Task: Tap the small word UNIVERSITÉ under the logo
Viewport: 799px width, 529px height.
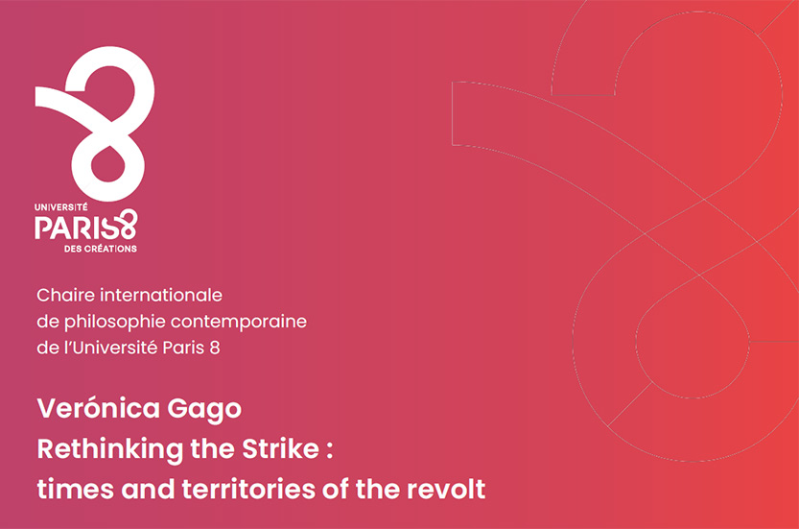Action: coord(61,207)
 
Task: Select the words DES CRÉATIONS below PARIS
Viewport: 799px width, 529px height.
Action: coord(101,249)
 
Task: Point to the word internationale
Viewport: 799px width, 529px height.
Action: coord(161,295)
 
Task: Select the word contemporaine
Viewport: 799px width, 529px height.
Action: coord(239,322)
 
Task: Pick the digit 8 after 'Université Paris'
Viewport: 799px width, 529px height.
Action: coord(215,348)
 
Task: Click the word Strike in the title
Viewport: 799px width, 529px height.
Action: coord(280,449)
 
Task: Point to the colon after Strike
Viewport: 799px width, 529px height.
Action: coord(330,451)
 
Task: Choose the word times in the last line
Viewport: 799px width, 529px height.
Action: coord(76,490)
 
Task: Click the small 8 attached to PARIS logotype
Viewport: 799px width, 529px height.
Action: coord(128,224)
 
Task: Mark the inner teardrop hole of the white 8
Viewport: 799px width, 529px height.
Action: coord(108,164)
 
